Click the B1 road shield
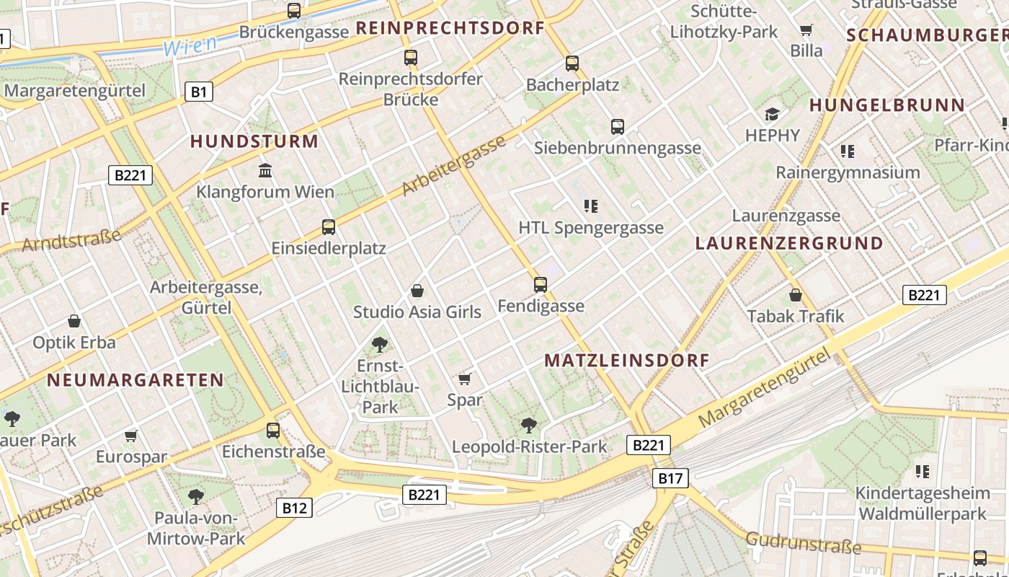(x=200, y=92)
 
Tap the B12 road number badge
(x=294, y=508)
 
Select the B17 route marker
(x=670, y=477)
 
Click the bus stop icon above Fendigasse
(x=541, y=285)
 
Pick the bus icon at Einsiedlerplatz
(x=329, y=227)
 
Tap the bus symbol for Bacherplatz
(x=572, y=63)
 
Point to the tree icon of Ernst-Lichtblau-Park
(x=380, y=345)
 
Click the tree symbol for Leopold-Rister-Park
(x=529, y=426)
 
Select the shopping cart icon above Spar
(x=465, y=379)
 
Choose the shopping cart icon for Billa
(x=806, y=30)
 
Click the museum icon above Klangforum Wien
(x=265, y=171)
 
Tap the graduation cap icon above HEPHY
(x=773, y=115)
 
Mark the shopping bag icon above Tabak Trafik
(x=796, y=295)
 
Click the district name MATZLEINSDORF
(x=627, y=361)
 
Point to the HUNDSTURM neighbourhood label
(x=254, y=141)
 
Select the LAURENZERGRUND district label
(x=789, y=243)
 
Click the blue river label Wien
(x=190, y=45)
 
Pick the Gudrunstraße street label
(x=804, y=542)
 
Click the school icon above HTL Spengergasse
(x=591, y=206)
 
